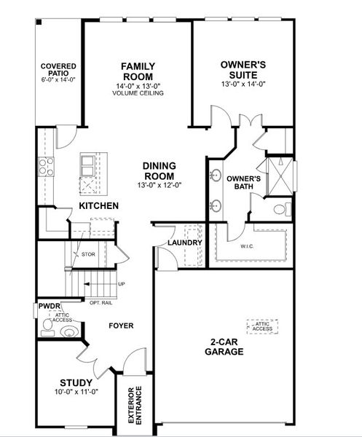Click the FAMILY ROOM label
[137, 71]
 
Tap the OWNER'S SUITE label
[244, 69]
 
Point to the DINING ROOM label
[158, 170]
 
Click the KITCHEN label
[98, 206]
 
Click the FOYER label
[121, 326]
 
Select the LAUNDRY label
[184, 243]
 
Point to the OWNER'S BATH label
[243, 183]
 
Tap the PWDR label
[48, 307]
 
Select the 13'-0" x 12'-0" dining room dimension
[158, 185]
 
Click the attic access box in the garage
[262, 326]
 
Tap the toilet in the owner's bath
[280, 210]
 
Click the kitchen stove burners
[46, 167]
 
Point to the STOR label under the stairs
[89, 254]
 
